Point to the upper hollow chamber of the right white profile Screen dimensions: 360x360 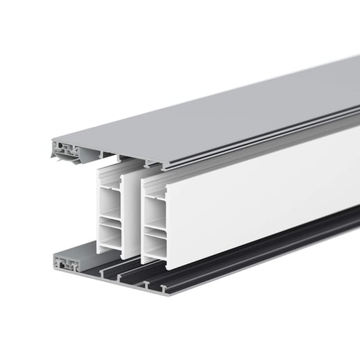[154, 206]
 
